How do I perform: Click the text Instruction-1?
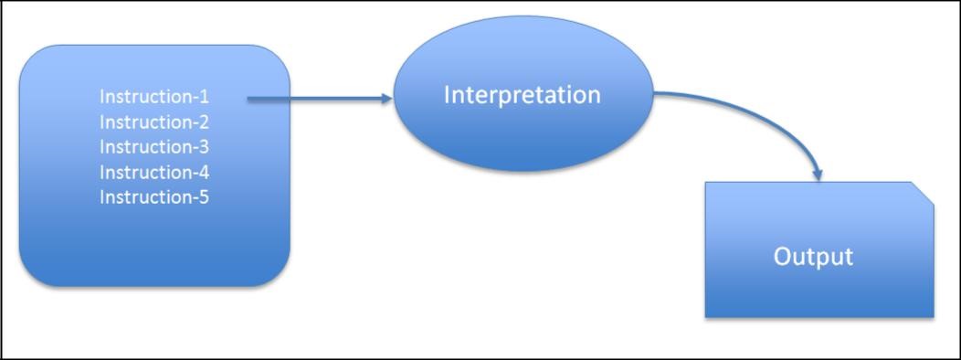tap(153, 96)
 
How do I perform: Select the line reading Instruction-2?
tap(153, 122)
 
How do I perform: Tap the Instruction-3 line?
tap(153, 146)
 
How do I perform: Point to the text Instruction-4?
tap(153, 172)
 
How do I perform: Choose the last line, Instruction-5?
tap(153, 196)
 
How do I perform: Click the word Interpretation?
tap(522, 94)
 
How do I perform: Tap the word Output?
tap(813, 256)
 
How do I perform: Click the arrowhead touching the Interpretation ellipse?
tap(387, 98)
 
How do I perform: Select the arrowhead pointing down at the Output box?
tap(817, 174)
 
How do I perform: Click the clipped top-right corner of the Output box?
tap(924, 192)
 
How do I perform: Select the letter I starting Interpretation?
tap(448, 94)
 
